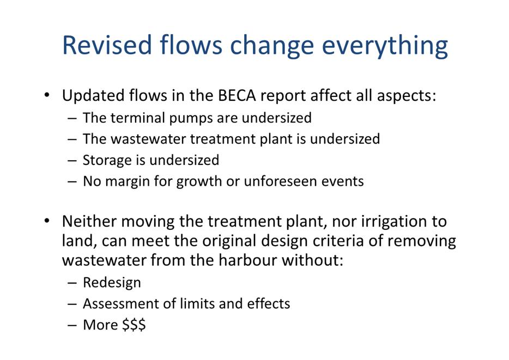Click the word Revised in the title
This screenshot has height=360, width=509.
coord(107,45)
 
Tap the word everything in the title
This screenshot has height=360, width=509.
coord(385,46)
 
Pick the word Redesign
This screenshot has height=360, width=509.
coord(112,283)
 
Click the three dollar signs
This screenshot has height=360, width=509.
coord(134,325)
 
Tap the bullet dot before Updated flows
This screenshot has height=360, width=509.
coord(47,95)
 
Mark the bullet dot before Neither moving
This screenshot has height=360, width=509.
coord(47,221)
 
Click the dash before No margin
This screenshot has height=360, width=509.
coord(72,181)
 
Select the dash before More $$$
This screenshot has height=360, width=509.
coord(72,325)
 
